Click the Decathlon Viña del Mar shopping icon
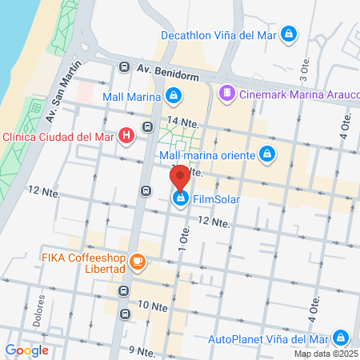tap(290, 34)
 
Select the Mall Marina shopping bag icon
tap(174, 97)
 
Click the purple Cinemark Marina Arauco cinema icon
tap(228, 94)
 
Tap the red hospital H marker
tap(126, 136)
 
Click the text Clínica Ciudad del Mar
tap(58, 136)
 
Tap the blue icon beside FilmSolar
tap(181, 198)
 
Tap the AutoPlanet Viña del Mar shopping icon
tap(342, 338)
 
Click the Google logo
tap(26, 350)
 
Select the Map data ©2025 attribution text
tap(326, 354)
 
